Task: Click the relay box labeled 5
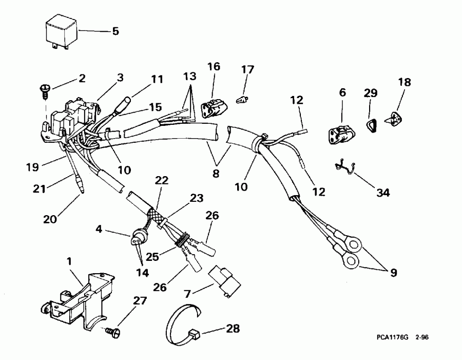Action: (x=61, y=31)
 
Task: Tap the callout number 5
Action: (x=115, y=31)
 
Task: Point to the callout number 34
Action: (x=382, y=193)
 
